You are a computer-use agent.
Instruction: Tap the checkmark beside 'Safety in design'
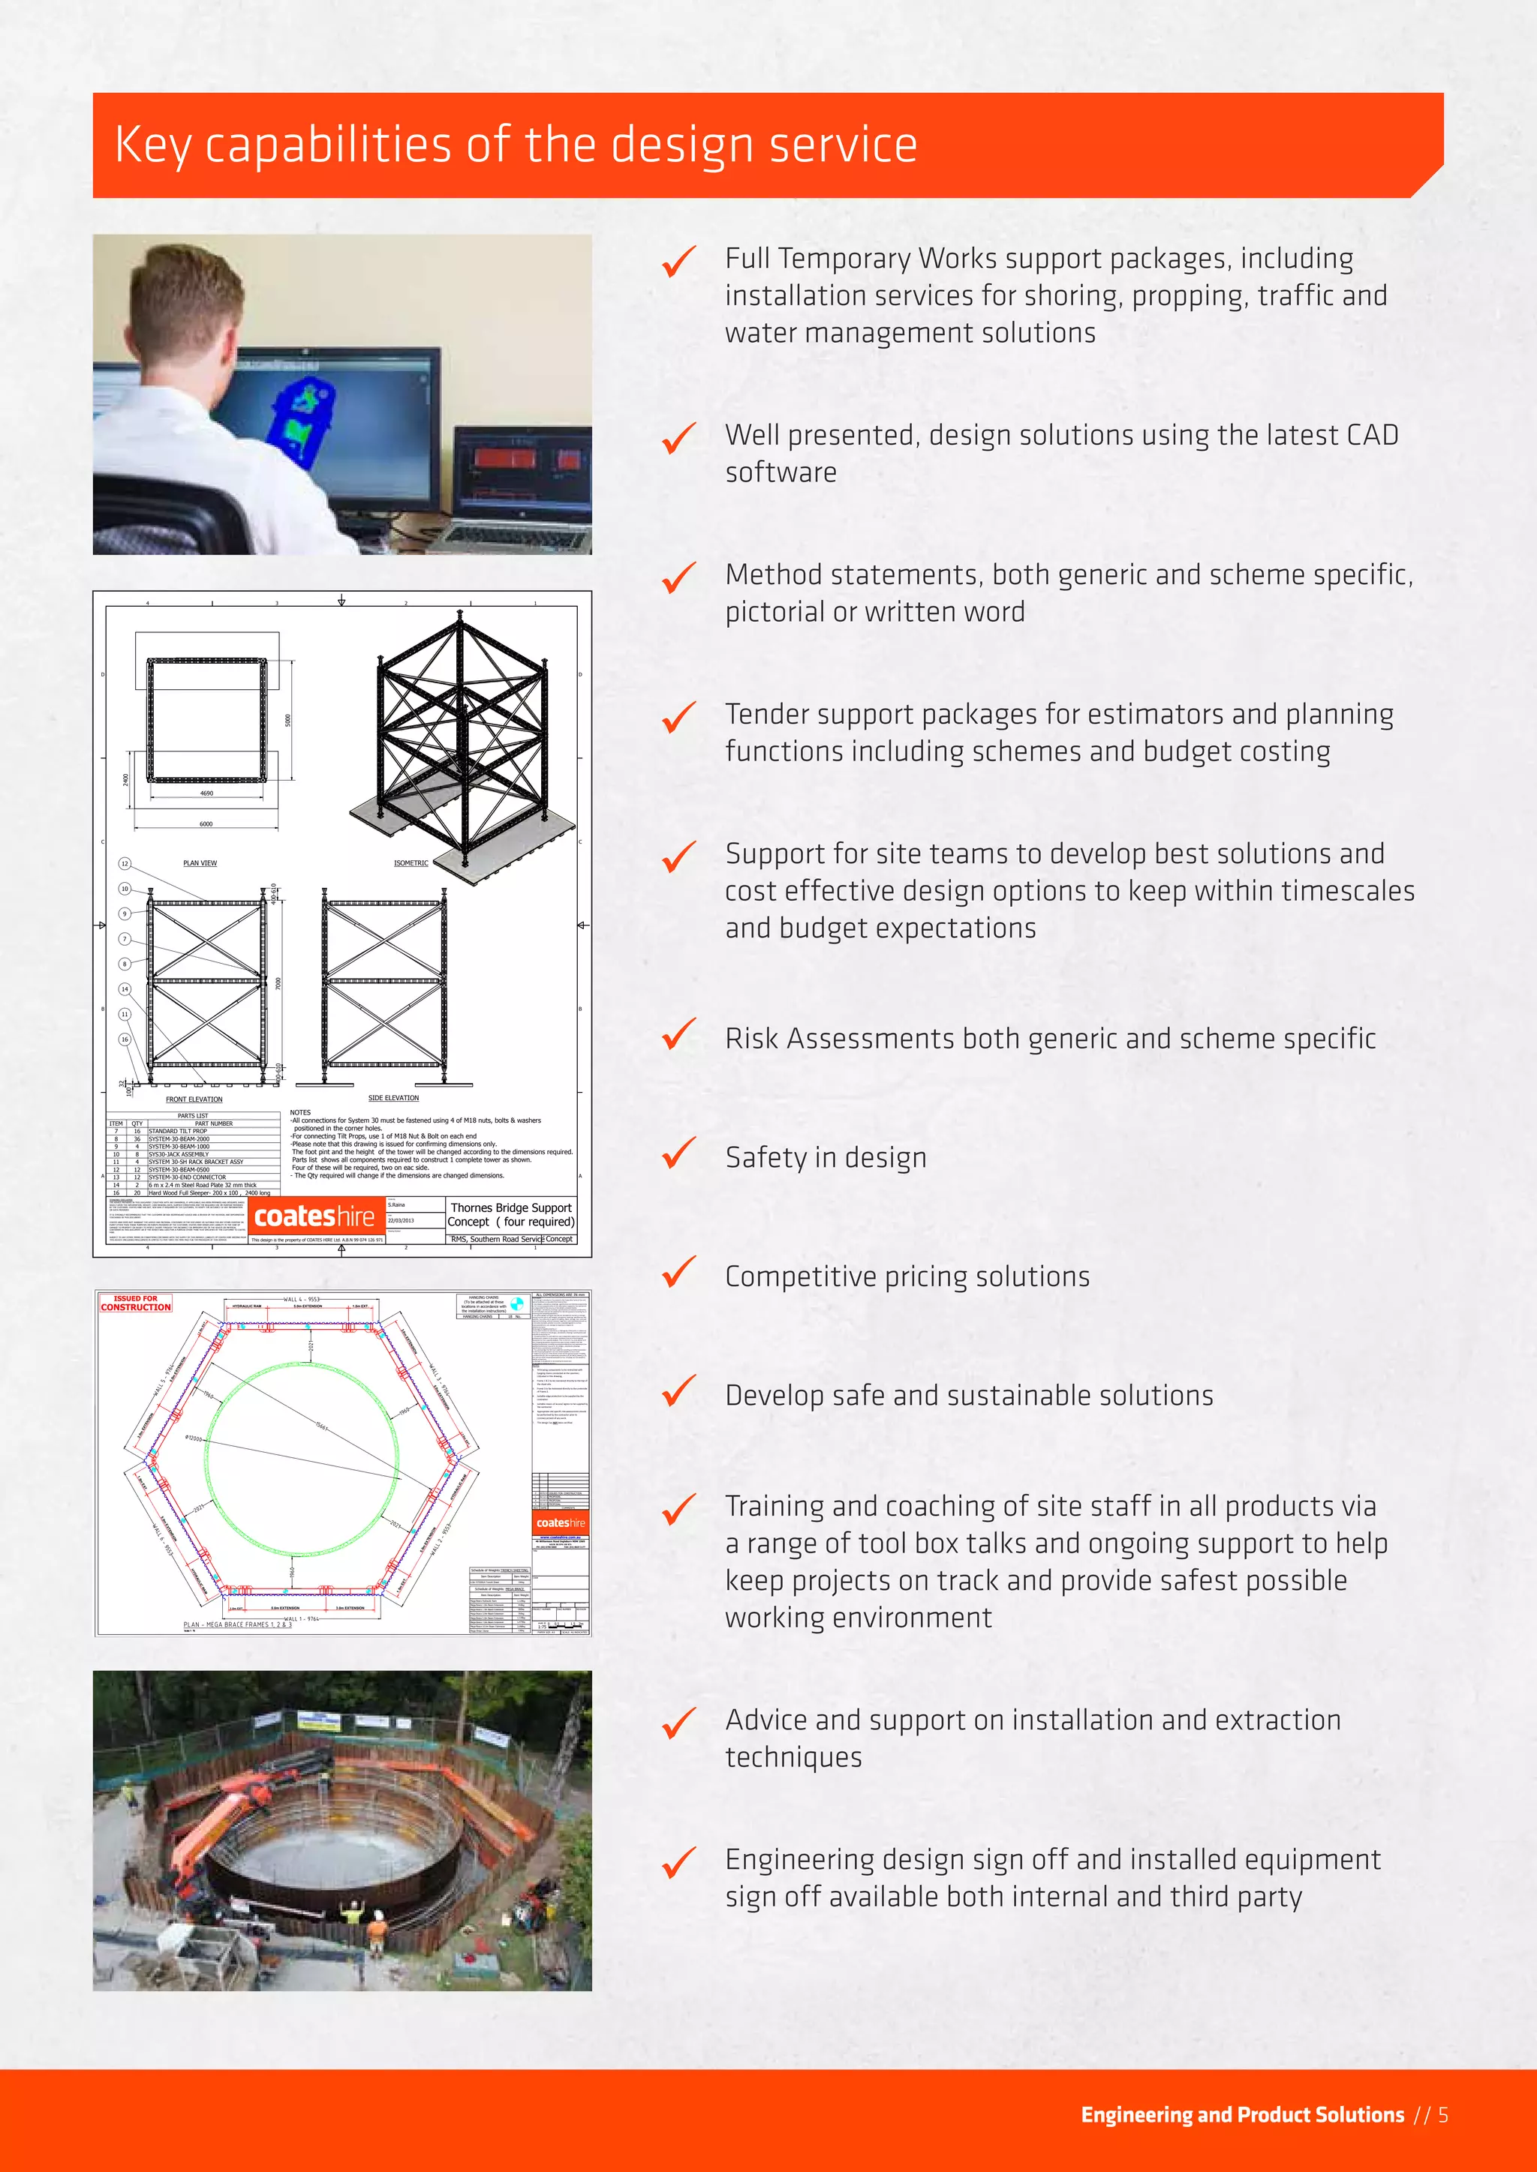pos(678,1154)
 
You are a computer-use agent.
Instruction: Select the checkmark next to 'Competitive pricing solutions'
pos(678,1273)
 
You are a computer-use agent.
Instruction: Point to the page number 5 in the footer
pos(1443,2115)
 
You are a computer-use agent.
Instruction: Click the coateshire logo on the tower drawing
pos(314,1216)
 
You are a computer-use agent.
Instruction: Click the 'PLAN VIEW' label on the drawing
pos(200,862)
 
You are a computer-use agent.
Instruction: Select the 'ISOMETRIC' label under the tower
pos(411,862)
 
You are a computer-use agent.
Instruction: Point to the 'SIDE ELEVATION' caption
pos(393,1098)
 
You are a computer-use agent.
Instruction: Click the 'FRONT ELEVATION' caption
pos(194,1099)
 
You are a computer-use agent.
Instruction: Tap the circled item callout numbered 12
pos(124,864)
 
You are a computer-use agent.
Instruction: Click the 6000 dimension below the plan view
pos(206,824)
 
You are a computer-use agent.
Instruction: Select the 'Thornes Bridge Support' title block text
pos(511,1208)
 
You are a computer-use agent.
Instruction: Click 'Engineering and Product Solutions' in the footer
pos(1242,2115)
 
